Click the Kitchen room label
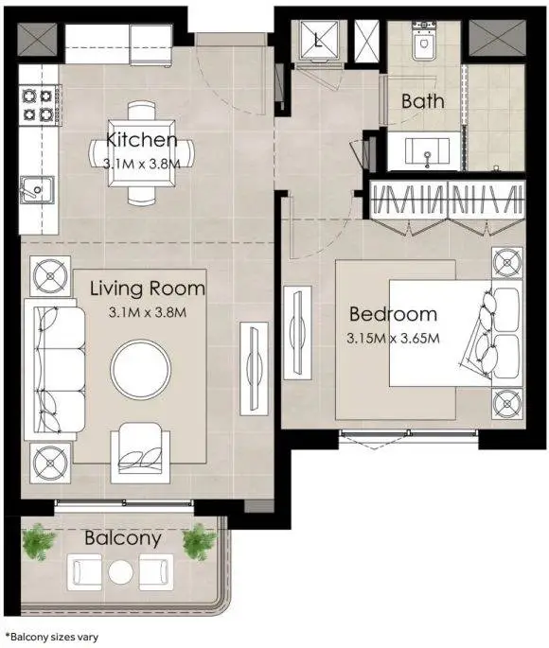(x=142, y=140)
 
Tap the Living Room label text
(x=148, y=289)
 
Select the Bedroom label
(x=393, y=314)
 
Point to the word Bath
(x=422, y=101)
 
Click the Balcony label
(x=123, y=539)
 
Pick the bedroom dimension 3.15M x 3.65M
(x=393, y=339)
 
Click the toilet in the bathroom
(x=424, y=42)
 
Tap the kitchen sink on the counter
(x=37, y=190)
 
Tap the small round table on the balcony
(x=121, y=572)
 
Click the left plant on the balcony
(x=39, y=542)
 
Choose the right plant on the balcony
(x=200, y=542)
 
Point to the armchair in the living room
(x=140, y=453)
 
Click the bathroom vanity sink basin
(x=427, y=151)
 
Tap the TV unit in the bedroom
(x=297, y=333)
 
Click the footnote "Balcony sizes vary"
(x=52, y=637)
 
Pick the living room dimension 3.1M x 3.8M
(x=148, y=312)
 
